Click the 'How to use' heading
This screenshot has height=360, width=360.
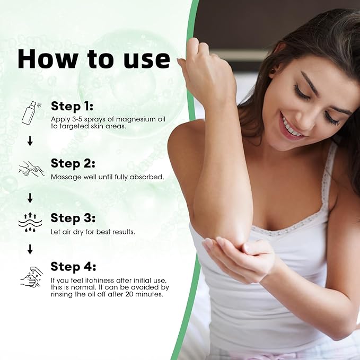[93, 59]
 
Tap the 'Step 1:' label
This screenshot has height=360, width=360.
[72, 105]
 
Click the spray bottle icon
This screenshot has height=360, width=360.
[29, 112]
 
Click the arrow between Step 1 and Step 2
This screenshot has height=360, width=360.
[30, 141]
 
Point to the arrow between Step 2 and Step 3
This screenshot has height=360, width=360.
[30, 198]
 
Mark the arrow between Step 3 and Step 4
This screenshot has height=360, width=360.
[30, 249]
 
